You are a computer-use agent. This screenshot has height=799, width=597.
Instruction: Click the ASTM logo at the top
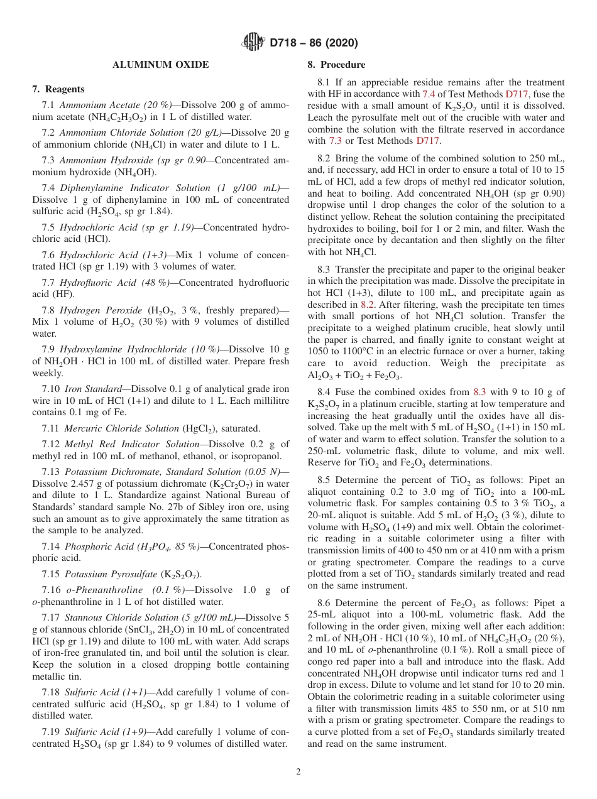[x=253, y=43]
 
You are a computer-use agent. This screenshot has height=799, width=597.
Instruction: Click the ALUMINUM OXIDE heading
[x=161, y=65]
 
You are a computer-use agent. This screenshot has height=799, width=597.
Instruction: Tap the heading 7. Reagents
[x=58, y=89]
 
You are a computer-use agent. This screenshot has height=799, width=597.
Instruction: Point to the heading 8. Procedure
[x=336, y=65]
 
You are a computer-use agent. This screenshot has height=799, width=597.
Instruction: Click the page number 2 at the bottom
[x=298, y=772]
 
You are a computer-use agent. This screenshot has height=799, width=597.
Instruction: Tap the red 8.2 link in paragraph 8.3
[x=368, y=304]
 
